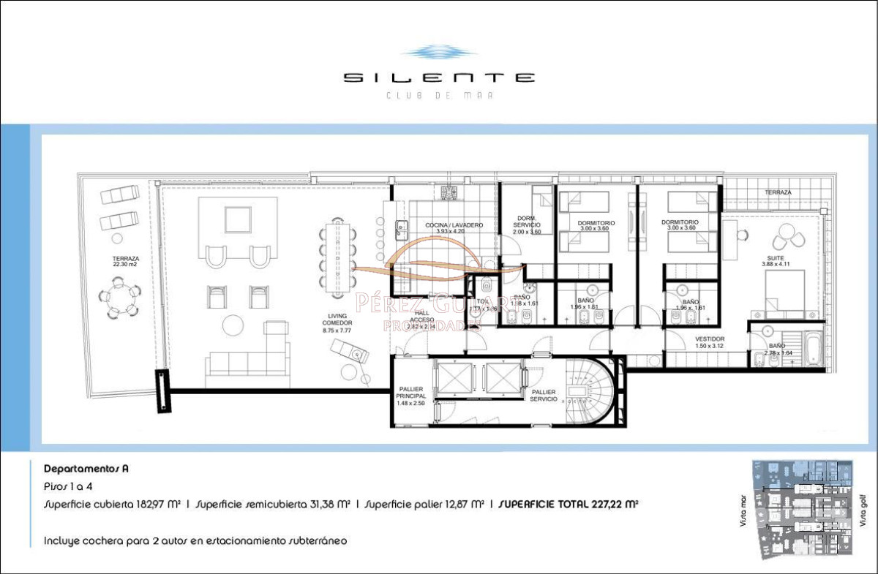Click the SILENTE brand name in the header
439,78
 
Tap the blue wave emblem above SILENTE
439,53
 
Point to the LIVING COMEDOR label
338,322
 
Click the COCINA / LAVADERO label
454,228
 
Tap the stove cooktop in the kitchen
450,192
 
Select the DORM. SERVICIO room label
527,224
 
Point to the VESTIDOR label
709,342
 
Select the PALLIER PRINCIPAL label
410,396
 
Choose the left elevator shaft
454,377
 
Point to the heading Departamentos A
86,468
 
